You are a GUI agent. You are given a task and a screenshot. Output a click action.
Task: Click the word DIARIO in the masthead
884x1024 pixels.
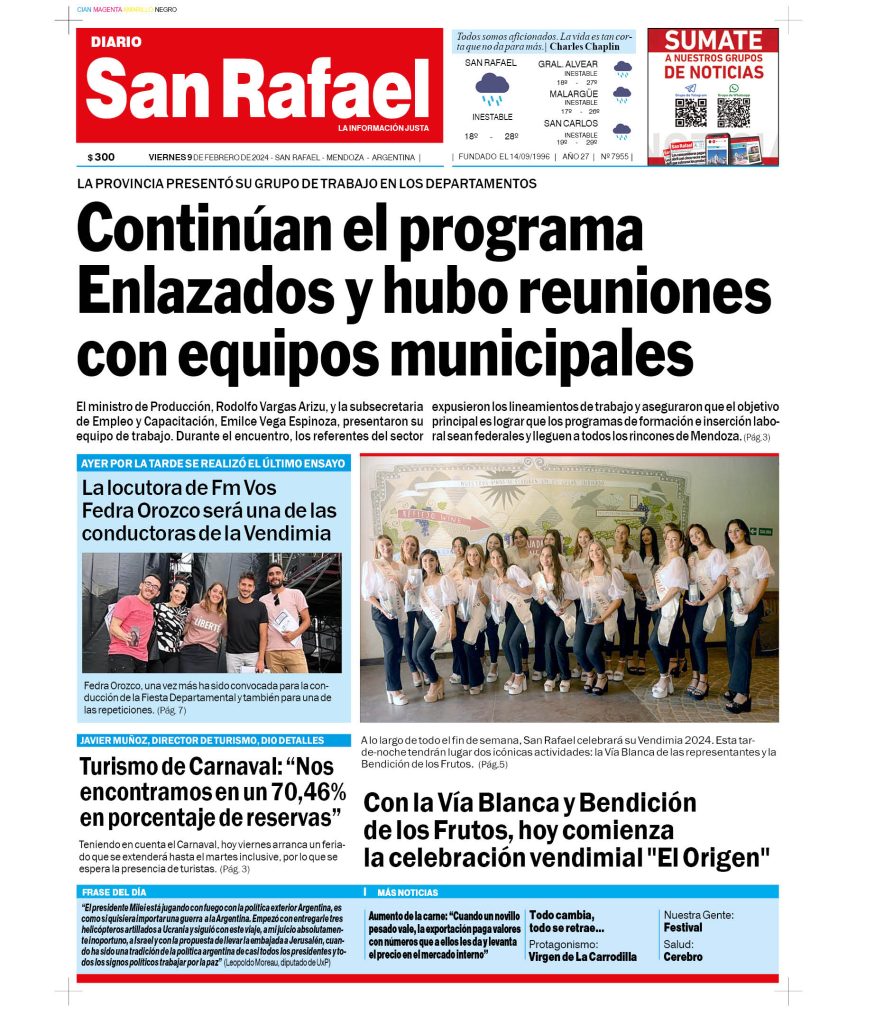116,42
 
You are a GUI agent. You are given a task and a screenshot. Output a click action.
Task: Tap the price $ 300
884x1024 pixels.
101,157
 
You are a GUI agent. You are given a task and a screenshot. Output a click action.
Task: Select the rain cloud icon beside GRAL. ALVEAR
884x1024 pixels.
622,69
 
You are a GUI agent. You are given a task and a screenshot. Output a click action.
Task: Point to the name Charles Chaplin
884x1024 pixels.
584,46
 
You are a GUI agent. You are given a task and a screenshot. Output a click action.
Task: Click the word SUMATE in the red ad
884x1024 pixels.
713,41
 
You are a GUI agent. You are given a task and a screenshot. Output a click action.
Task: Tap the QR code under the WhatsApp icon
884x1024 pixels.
733,111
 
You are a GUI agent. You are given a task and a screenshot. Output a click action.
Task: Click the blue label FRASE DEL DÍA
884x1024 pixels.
114,891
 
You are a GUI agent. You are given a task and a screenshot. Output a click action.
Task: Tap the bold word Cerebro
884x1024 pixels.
683,956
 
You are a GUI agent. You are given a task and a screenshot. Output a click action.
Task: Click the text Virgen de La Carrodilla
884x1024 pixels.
582,956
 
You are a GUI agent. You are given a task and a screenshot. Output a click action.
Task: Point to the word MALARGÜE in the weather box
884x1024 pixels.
573,93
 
